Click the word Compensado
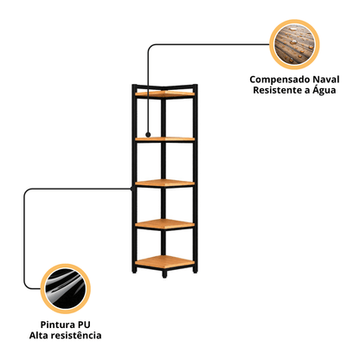point(280,80)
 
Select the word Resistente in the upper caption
point(277,90)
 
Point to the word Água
point(325,90)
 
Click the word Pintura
point(56,325)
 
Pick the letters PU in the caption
point(83,325)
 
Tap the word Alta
point(39,336)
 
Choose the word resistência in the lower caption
point(76,336)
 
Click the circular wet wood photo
point(294,44)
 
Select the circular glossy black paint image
point(66,289)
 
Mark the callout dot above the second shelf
point(148,134)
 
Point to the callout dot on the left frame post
point(132,189)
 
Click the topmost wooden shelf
point(164,93)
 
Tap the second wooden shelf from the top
point(164,139)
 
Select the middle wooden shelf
point(164,183)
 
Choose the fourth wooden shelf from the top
point(164,224)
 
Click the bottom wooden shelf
point(164,261)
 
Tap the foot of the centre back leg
point(164,274)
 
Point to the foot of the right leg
point(196,270)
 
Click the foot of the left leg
point(134,270)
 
